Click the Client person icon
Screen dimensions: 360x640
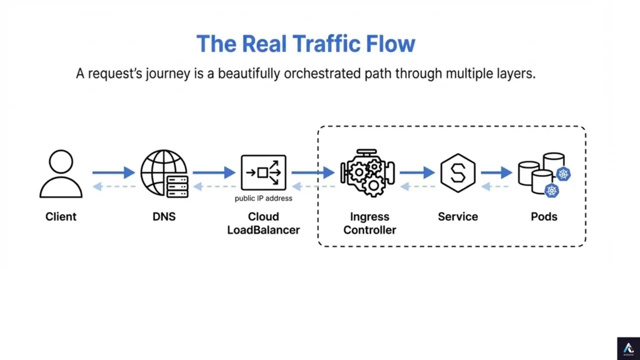pyautogui.click(x=61, y=173)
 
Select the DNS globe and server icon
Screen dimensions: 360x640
pyautogui.click(x=164, y=173)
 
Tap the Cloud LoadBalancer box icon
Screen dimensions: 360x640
pyautogui.click(x=263, y=172)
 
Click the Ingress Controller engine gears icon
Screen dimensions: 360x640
pyautogui.click(x=368, y=173)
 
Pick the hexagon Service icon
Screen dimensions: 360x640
pyautogui.click(x=457, y=173)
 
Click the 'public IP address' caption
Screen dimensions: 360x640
pyautogui.click(x=263, y=198)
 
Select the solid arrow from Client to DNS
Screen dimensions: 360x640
pyautogui.click(x=113, y=172)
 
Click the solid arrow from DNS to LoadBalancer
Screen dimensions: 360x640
pyautogui.click(x=214, y=172)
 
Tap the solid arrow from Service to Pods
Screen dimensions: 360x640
pyautogui.click(x=496, y=172)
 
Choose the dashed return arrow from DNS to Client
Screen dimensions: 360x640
pyautogui.click(x=114, y=186)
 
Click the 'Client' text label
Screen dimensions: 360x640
pyautogui.click(x=61, y=216)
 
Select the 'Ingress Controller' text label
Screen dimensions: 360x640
pyautogui.click(x=369, y=223)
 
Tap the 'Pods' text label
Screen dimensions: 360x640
pyautogui.click(x=544, y=216)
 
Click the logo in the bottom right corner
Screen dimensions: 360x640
pyautogui.click(x=628, y=348)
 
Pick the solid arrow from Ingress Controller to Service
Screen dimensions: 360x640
pyautogui.click(x=417, y=172)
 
